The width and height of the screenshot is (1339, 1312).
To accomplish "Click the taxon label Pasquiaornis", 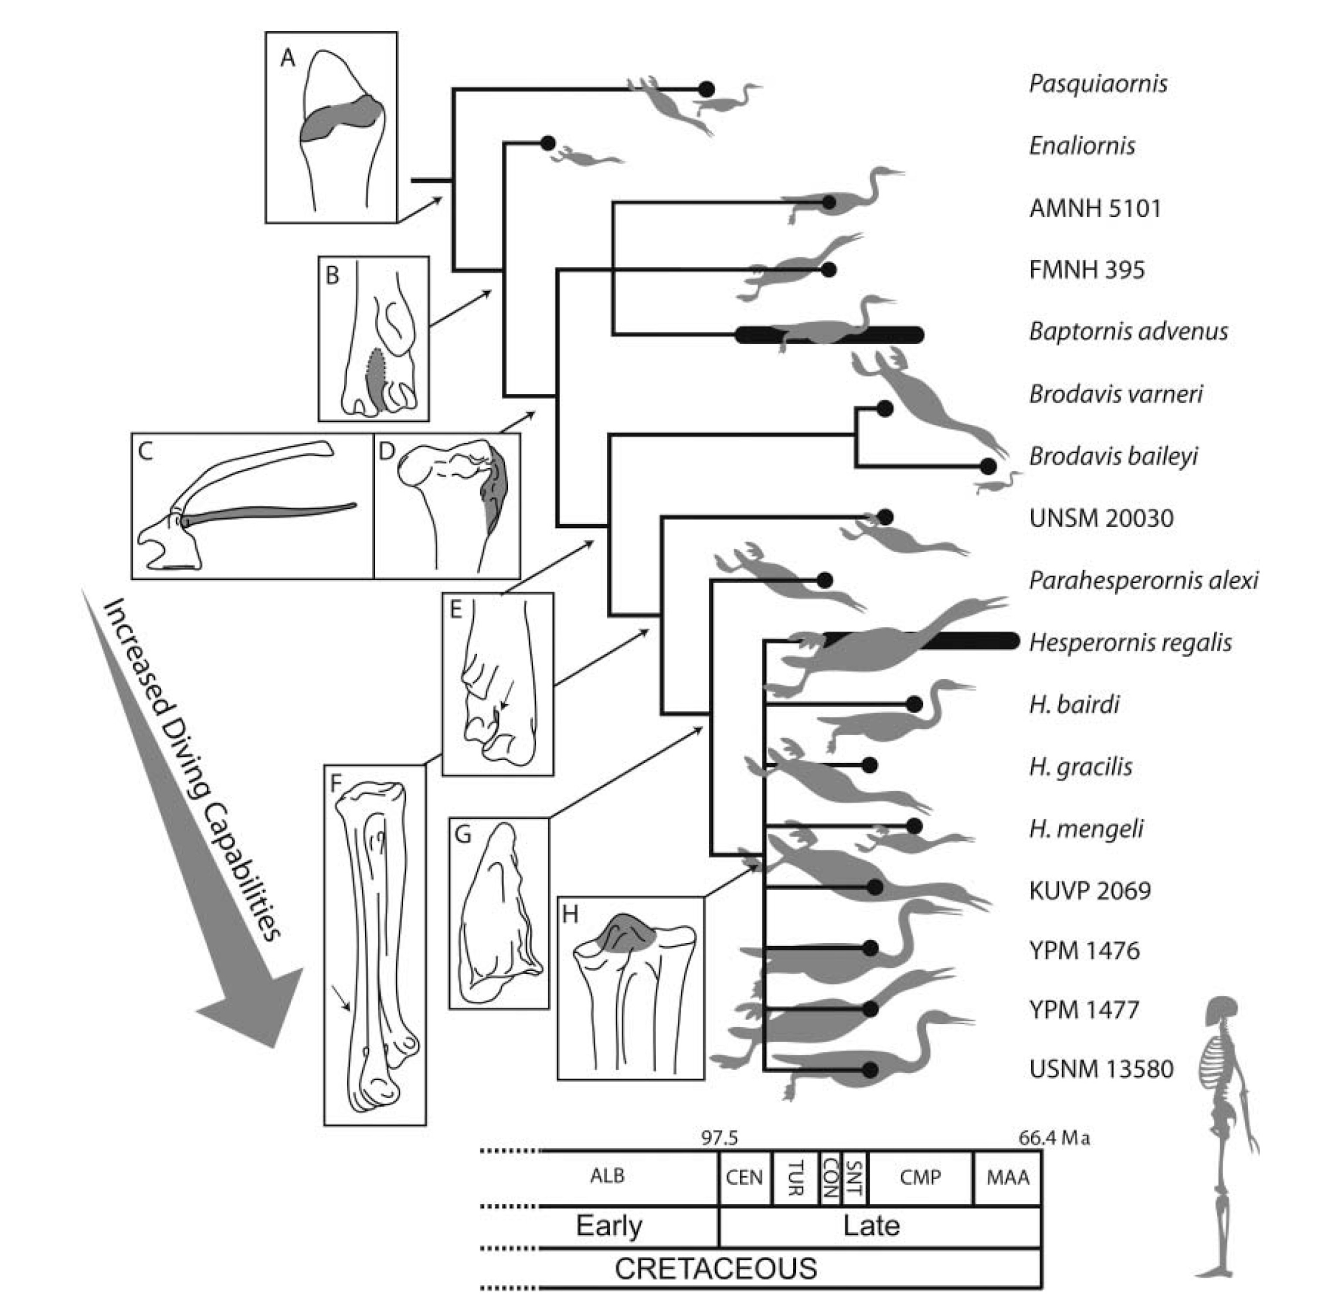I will (1098, 83).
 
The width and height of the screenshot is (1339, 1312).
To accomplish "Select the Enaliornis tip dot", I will (548, 143).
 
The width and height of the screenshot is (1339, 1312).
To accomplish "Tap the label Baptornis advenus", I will (1128, 331).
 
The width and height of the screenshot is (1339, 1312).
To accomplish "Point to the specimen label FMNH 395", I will (1087, 269).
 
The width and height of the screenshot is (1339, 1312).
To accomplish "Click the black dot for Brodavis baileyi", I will (988, 466).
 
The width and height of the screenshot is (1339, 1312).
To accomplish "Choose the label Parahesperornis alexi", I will (1143, 580).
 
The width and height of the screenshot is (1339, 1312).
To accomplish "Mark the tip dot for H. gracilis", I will (870, 764).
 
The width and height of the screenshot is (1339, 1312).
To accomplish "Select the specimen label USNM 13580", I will (1101, 1069).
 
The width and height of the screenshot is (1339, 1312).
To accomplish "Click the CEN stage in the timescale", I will (744, 1177).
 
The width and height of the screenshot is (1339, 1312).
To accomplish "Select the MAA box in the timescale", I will (1008, 1177).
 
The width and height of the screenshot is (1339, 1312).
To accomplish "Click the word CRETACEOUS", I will (715, 1268).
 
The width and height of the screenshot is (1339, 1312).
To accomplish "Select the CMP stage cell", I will (920, 1177).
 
